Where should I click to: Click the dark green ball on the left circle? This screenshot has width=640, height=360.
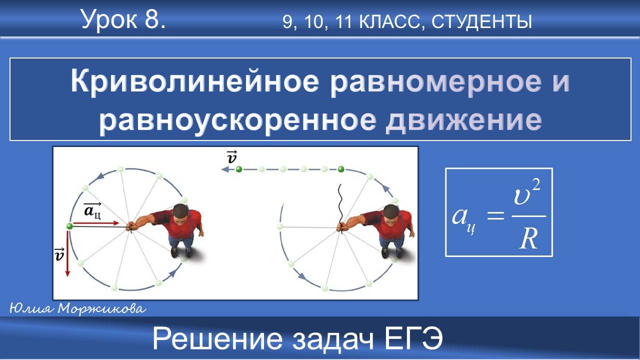69,226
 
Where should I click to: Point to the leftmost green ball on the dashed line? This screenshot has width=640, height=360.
239,170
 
